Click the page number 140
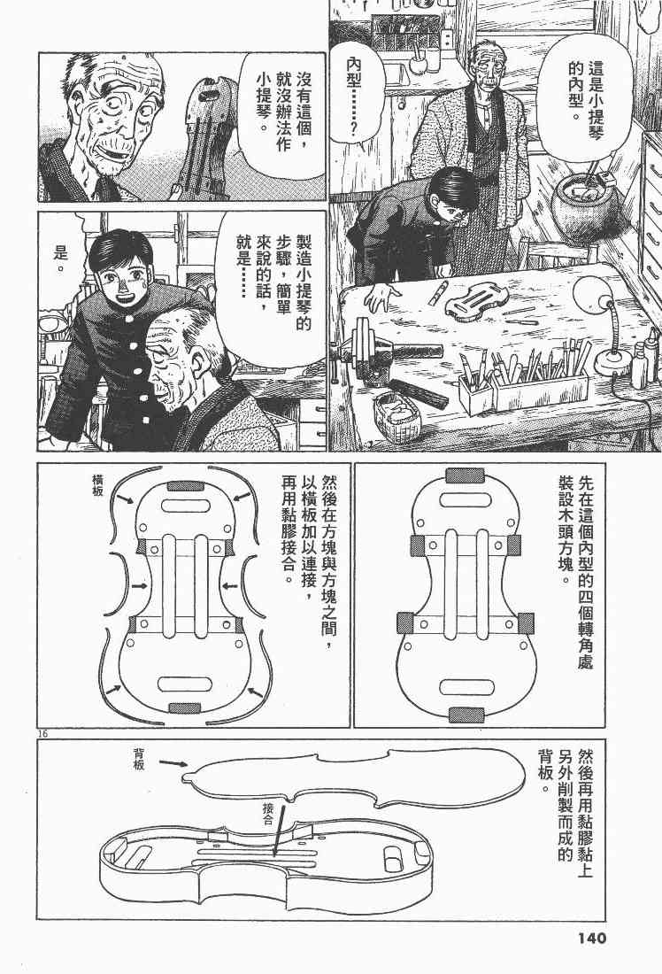point(583,938)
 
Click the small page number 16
point(41,734)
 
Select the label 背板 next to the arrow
point(139,759)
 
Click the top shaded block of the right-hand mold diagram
point(466,475)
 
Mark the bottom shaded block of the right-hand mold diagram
point(466,715)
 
